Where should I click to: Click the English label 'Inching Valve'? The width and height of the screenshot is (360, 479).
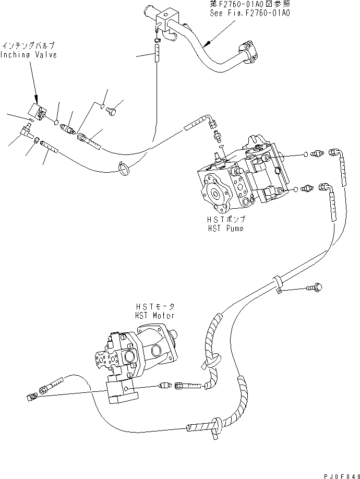[x=29, y=55]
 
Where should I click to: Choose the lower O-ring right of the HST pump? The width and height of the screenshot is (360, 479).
[x=296, y=188]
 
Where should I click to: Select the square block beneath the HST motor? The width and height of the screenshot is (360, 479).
[x=121, y=391]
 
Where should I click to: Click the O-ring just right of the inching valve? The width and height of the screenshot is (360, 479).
[x=56, y=123]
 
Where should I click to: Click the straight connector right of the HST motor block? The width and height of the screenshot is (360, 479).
[x=166, y=387]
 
